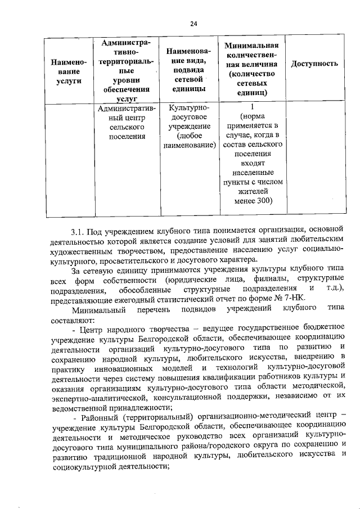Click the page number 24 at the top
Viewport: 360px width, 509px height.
tap(193, 23)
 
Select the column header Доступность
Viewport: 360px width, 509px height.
tap(314, 64)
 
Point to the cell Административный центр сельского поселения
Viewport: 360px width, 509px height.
tap(127, 122)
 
